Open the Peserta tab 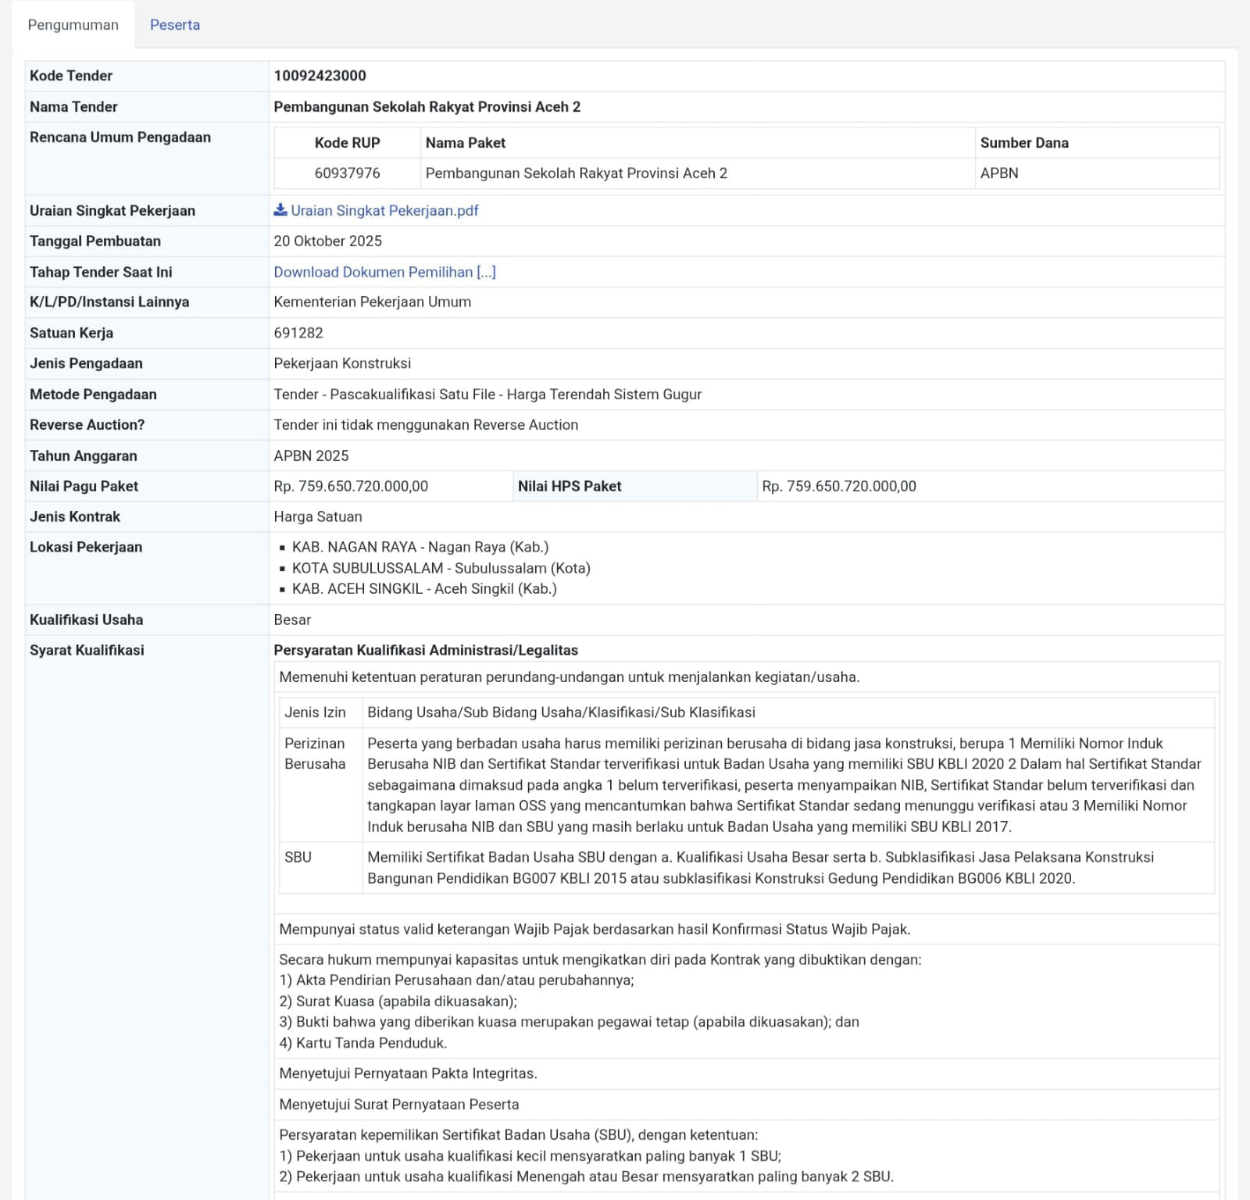tap(174, 25)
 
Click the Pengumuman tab tap(73, 25)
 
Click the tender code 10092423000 tap(320, 76)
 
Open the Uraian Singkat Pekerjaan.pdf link tap(384, 211)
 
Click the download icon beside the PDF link tap(280, 210)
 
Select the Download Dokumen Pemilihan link tap(384, 272)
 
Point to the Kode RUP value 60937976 tap(347, 173)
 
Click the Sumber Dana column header tap(1024, 143)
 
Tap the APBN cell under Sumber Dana tap(999, 173)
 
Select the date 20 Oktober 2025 tap(327, 241)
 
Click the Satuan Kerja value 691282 tap(298, 333)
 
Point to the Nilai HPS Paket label tap(570, 486)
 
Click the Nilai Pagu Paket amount tap(351, 486)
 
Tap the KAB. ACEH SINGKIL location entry tap(424, 589)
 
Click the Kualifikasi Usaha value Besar tap(292, 620)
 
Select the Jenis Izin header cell tap(315, 712)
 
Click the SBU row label tap(298, 857)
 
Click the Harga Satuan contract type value tap(317, 516)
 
